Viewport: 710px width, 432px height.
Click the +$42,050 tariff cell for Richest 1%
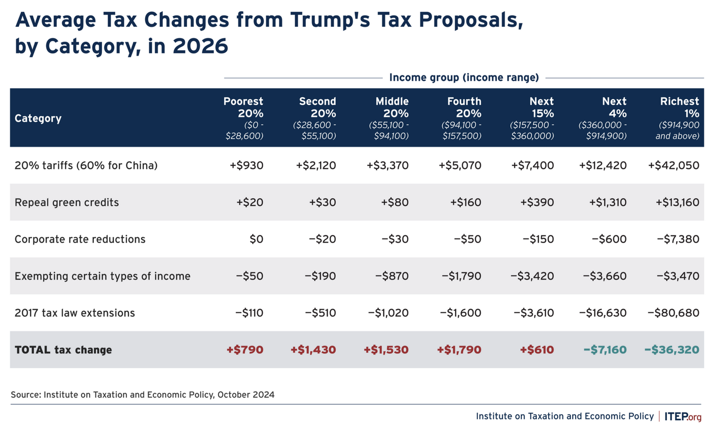click(673, 165)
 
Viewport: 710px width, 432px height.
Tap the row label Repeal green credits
click(66, 202)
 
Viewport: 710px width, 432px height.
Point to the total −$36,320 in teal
click(671, 349)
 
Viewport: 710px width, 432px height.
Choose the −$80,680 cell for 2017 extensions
click(673, 312)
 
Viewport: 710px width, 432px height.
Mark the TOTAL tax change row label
click(63, 349)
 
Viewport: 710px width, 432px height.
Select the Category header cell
click(38, 119)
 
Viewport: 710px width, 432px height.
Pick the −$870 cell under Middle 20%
click(392, 276)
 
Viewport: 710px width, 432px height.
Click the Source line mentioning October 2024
click(143, 395)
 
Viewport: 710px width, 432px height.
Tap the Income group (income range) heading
click(464, 77)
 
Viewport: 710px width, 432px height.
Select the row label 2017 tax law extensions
click(75, 312)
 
